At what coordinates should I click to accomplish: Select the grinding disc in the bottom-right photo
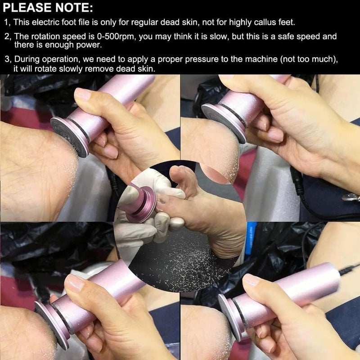pos(230,315)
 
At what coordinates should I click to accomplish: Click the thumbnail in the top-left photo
pos(83,94)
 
